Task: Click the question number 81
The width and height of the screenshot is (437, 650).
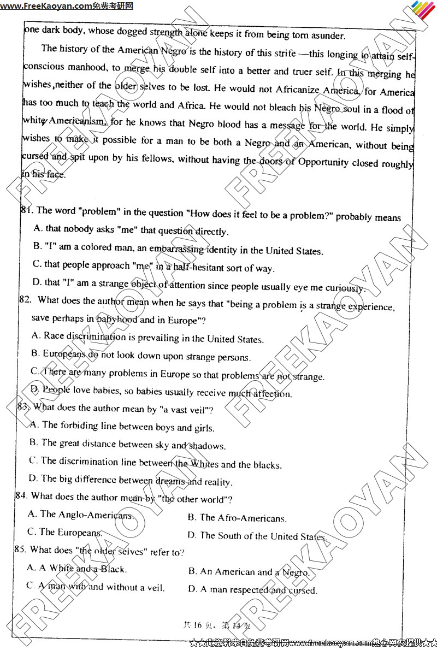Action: pyautogui.click(x=26, y=210)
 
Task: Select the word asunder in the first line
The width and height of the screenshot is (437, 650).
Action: pyautogui.click(x=326, y=36)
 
